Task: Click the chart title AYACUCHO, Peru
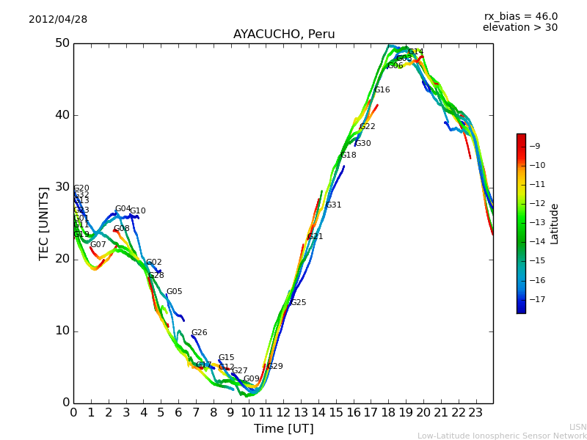coord(284,34)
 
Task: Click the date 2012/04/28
coord(58,20)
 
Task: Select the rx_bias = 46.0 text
coord(520,17)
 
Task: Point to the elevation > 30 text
coord(519,28)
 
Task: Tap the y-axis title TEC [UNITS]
coord(44,223)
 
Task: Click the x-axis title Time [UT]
coord(283,429)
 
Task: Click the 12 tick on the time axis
coord(283,413)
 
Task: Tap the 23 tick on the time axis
coord(475,413)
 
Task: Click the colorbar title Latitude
coord(555,224)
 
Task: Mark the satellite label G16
coord(382,90)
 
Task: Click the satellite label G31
coord(334,205)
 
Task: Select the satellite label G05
coord(174,292)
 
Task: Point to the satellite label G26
coord(199,333)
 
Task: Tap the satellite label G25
coord(298,303)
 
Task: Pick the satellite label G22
coord(367,127)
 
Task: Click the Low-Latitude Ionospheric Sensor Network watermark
coord(502,436)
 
